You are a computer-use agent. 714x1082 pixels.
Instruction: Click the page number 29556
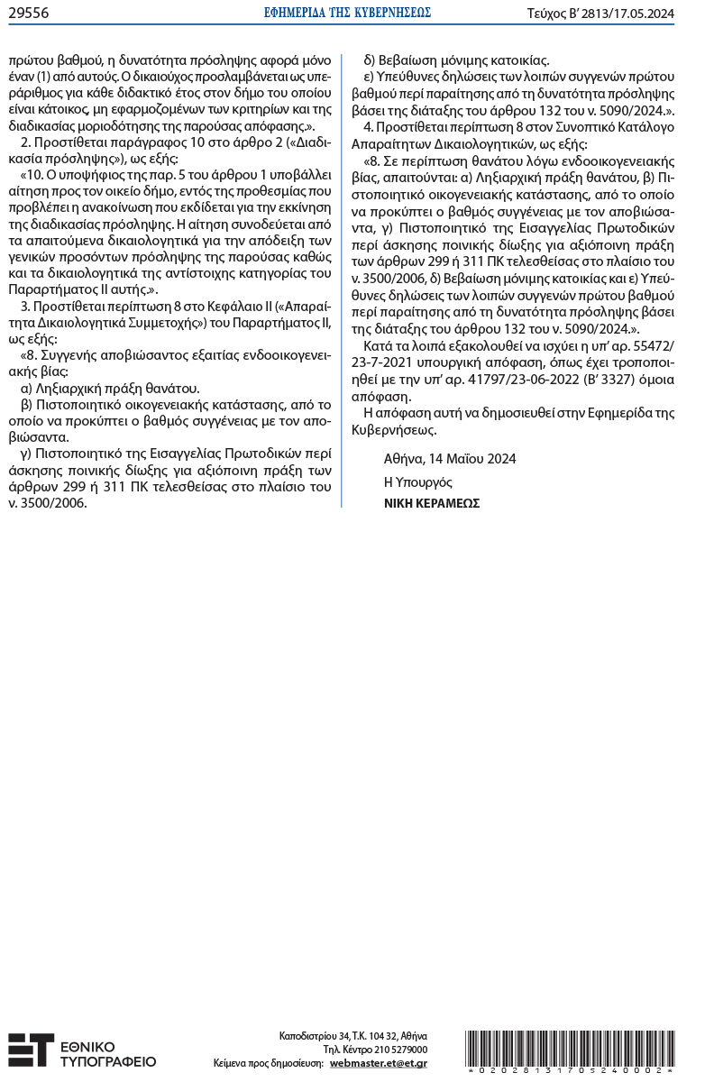point(28,13)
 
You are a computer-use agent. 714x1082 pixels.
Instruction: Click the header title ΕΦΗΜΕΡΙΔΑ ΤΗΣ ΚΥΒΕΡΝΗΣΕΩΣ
point(356,13)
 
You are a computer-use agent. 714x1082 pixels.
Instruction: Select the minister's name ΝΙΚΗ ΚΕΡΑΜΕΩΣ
point(431,503)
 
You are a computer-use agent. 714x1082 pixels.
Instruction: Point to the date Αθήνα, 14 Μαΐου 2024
point(449,459)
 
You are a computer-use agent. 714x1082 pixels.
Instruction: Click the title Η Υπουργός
point(418,481)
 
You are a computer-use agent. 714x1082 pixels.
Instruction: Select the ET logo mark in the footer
point(30,1050)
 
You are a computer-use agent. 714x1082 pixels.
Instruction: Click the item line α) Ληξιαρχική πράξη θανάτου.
point(109,389)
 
